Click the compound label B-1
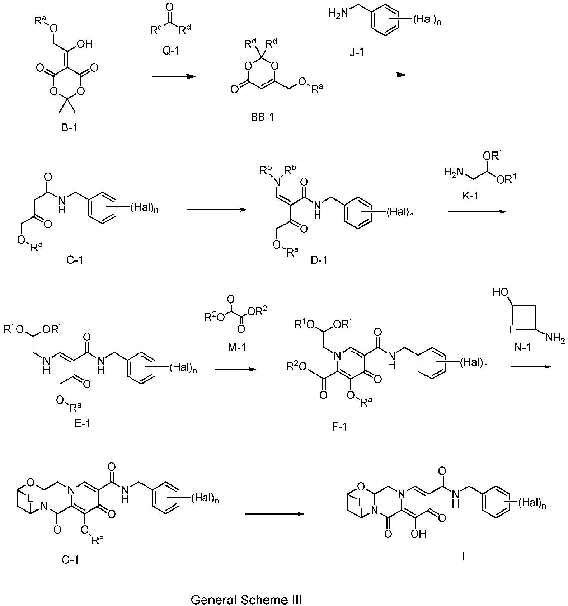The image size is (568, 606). click(69, 127)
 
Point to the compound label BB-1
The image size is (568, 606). click(262, 117)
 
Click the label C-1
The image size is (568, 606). click(75, 259)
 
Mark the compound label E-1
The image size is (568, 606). click(82, 423)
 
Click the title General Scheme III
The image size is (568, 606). click(247, 600)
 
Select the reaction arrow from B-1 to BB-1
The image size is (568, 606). click(174, 76)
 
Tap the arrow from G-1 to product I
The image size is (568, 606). click(275, 514)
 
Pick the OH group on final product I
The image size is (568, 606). click(418, 534)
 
